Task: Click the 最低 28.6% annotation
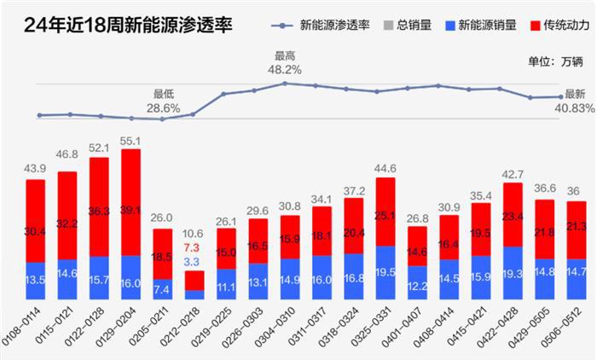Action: point(163,102)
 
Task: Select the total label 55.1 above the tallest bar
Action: point(131,141)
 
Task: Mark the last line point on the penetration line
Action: point(560,96)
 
